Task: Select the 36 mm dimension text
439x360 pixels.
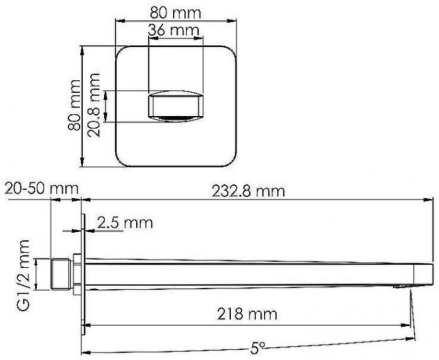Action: [x=174, y=30]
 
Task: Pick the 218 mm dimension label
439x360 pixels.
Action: [x=249, y=314]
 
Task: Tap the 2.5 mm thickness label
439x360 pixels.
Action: [x=125, y=223]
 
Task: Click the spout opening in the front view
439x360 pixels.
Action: [x=176, y=105]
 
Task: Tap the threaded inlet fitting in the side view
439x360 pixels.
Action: [x=61, y=273]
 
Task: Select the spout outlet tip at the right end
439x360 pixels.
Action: [x=426, y=273]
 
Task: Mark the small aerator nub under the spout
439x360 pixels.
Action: [x=399, y=287]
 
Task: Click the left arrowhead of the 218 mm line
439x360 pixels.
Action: [x=87, y=325]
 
